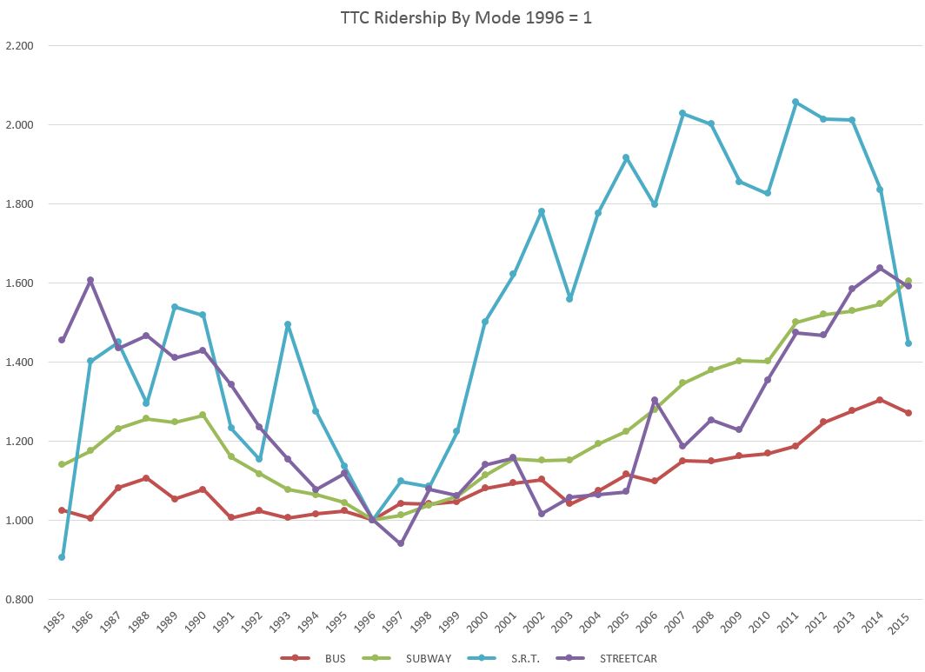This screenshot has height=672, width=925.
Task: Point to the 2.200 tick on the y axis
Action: [18, 46]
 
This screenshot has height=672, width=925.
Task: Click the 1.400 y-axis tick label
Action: [18, 363]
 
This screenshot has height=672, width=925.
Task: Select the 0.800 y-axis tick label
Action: [18, 600]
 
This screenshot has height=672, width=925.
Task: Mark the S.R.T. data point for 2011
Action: [795, 102]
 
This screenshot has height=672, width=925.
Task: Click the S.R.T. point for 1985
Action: [62, 557]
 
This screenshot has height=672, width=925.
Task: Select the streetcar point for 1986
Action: [90, 280]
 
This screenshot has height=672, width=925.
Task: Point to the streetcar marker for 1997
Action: [401, 543]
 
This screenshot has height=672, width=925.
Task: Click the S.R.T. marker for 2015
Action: [908, 343]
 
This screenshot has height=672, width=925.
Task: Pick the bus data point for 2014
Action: [880, 400]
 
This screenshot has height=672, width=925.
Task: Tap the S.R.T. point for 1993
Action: [288, 324]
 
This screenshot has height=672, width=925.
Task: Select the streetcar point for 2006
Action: [655, 400]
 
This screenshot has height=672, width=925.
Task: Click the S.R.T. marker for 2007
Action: [682, 113]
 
